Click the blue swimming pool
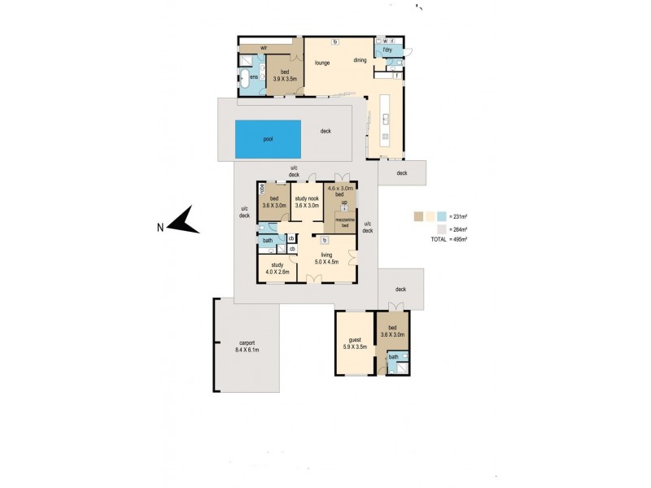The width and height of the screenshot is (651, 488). (268, 139)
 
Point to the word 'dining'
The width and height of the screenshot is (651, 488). (360, 59)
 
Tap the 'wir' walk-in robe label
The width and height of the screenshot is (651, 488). (264, 48)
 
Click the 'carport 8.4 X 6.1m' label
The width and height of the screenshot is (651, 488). (247, 346)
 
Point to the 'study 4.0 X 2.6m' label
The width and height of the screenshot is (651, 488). (277, 268)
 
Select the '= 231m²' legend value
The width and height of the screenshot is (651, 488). (460, 217)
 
